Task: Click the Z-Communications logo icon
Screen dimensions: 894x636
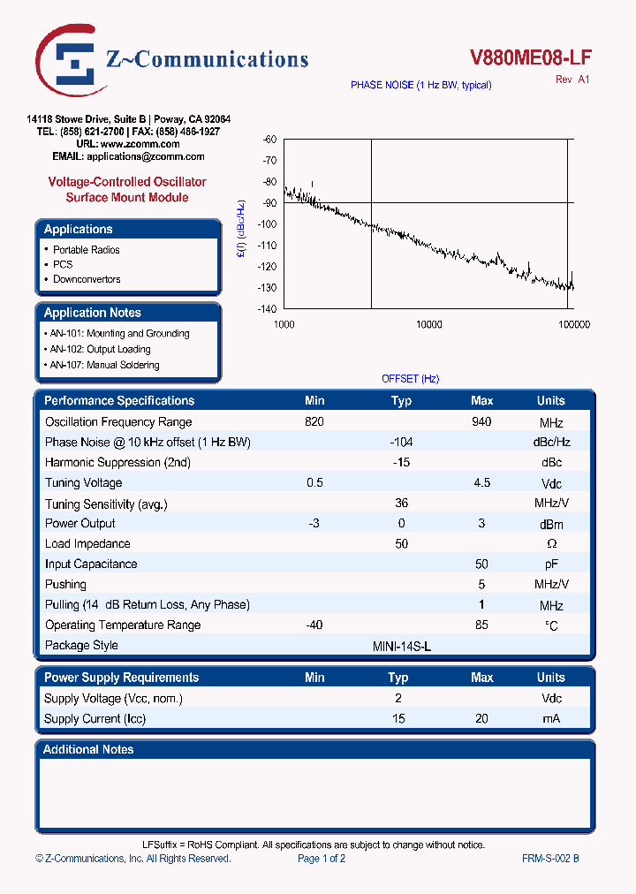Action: pos(69,60)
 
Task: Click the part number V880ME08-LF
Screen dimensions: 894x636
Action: pos(530,57)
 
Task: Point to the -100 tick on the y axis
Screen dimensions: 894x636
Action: pos(269,224)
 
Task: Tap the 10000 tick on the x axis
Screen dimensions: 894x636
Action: pos(428,325)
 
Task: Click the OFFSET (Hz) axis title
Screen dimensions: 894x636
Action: pos(410,378)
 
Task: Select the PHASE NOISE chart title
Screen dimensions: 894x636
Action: pos(420,85)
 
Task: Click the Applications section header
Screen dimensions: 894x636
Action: pos(79,229)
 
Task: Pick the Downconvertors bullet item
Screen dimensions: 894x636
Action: pos(87,279)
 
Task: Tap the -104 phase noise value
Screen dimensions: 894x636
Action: pos(401,442)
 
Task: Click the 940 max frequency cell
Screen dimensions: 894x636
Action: pos(481,421)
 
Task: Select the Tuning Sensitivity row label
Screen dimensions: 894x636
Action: pos(106,504)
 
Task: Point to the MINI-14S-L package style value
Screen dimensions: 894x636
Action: pos(402,646)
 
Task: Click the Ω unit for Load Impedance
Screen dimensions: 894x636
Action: pos(551,544)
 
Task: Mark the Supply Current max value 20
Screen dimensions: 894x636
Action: pos(481,718)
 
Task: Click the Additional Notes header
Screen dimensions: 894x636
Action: pos(89,749)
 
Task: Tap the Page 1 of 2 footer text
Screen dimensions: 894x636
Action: pos(322,858)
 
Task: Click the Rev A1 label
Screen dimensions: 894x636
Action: pos(572,80)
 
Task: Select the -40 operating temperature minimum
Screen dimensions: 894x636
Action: pos(314,625)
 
